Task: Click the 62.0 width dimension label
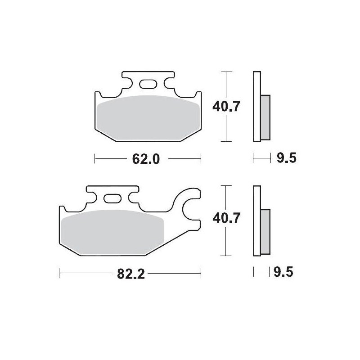(146, 159)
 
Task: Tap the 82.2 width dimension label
(131, 274)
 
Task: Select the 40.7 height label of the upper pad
(226, 106)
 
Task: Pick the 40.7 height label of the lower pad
(226, 218)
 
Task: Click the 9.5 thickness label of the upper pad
(287, 158)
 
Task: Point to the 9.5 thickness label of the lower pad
(283, 272)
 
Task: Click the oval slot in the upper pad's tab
(148, 84)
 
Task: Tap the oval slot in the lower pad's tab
(112, 198)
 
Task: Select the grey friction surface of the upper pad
(148, 118)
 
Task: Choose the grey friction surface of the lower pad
(113, 232)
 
